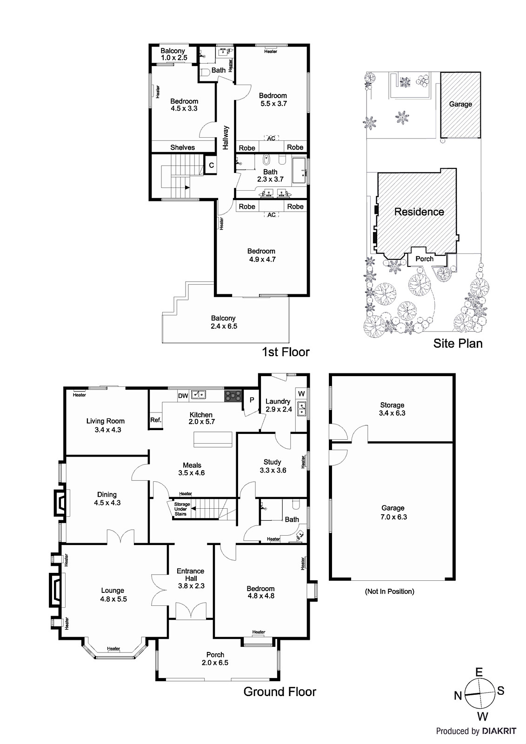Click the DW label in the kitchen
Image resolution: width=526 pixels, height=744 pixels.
coord(183,396)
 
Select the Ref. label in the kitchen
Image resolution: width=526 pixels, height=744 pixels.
coord(155,420)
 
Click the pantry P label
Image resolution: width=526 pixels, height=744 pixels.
coord(252,400)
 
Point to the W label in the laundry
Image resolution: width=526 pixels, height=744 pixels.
coord(301,394)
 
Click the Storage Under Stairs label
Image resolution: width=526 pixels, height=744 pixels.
coord(181,509)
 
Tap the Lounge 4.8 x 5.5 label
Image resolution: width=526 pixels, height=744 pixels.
coord(113,595)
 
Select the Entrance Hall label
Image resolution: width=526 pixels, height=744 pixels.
coord(190,575)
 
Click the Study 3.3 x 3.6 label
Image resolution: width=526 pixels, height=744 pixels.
coord(273,466)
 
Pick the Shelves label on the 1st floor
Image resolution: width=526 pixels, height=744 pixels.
coord(182,147)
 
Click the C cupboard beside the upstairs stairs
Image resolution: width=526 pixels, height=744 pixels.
coord(211,165)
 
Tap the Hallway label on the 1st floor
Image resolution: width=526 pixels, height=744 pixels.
coord(226,137)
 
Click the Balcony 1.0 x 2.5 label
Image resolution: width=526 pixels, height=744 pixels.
coord(173,54)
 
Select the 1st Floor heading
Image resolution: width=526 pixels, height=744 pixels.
coord(286,352)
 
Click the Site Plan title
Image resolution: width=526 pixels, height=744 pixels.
coord(458,343)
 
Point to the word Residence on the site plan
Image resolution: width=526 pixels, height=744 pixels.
coord(419,212)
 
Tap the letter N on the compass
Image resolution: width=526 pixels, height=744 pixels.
coord(458,695)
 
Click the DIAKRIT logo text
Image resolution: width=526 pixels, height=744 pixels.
coord(499,731)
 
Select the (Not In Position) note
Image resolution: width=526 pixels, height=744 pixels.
coord(389,591)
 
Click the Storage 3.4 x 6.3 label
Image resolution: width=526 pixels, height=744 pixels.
coord(392,409)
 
